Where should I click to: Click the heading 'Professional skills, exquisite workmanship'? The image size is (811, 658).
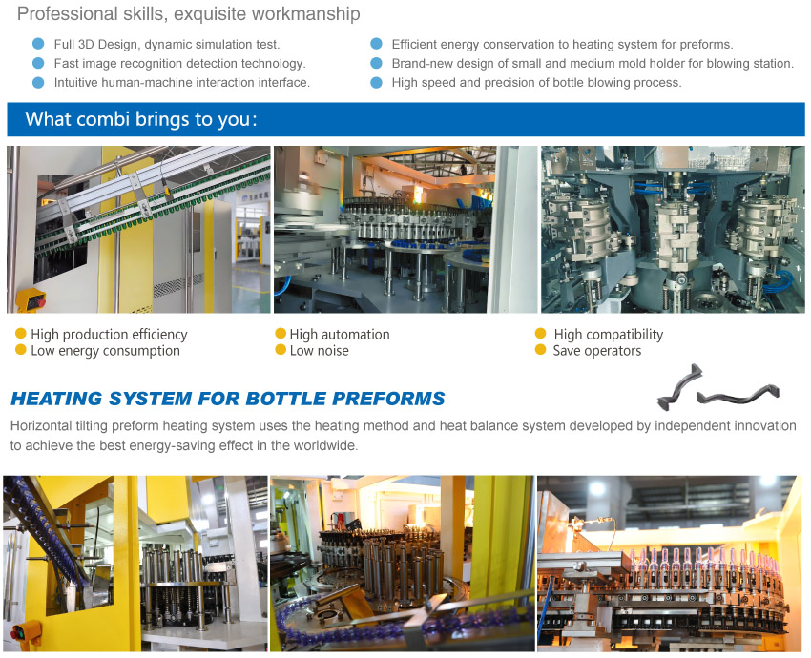pos(188,14)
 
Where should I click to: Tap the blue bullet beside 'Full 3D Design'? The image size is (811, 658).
pos(38,44)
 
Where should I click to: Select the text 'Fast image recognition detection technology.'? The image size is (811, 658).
pos(180,64)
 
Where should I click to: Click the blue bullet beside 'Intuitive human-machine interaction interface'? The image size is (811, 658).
pos(38,83)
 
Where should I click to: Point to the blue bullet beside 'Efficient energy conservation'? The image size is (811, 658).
pos(377,44)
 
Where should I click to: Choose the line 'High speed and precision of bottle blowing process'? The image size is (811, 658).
pos(536,83)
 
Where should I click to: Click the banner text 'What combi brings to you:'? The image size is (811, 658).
pos(140,119)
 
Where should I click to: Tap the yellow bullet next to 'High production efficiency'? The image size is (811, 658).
pos(21,334)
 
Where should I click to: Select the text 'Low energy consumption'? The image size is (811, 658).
pos(106,350)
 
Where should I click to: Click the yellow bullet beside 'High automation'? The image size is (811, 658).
pos(281,334)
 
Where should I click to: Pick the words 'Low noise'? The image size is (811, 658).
pos(319,350)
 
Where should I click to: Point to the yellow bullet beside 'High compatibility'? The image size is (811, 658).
pos(540,334)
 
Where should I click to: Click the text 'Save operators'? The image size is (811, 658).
pos(597,350)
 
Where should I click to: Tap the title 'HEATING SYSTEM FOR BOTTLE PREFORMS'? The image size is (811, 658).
pos(228,399)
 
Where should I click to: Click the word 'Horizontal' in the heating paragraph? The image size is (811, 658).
pos(41,426)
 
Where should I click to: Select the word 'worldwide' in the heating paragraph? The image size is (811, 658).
pos(324,445)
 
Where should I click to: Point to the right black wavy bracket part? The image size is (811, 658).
pos(738,396)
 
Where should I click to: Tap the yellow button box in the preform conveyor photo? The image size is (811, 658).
pos(30,300)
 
